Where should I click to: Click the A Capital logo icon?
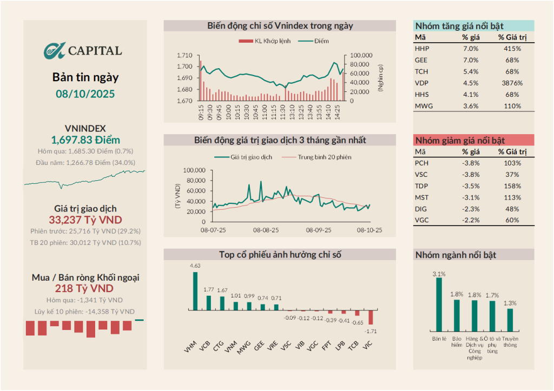(x=54, y=50)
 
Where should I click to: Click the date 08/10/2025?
(x=85, y=94)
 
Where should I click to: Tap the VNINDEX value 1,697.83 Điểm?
(x=85, y=140)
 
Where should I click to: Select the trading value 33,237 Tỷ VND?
(x=85, y=220)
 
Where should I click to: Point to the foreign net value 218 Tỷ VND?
(x=85, y=288)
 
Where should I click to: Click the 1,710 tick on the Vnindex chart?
(x=184, y=55)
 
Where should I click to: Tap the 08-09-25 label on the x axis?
(x=318, y=230)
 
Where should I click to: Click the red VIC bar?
(x=371, y=317)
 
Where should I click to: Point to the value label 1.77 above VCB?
(x=208, y=289)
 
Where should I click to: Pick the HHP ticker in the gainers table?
(x=422, y=49)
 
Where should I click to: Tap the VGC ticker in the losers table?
(x=421, y=220)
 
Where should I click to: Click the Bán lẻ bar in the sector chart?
(x=439, y=304)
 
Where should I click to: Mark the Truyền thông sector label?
(x=509, y=342)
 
